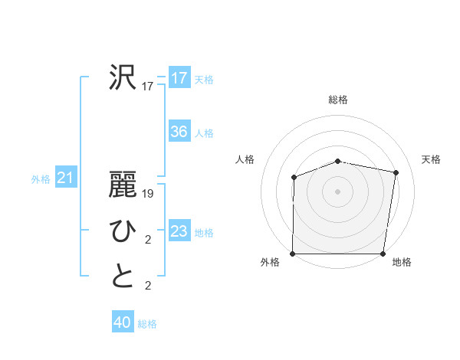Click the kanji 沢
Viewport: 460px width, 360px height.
point(123,77)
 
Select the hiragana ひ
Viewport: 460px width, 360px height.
point(123,231)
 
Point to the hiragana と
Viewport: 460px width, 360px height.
point(123,277)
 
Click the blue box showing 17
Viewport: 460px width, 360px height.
point(179,78)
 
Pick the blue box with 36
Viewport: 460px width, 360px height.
point(179,132)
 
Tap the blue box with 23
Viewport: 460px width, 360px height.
point(179,231)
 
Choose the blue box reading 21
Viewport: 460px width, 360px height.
point(65,178)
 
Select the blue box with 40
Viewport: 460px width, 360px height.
point(123,322)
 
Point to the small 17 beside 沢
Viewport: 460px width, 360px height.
point(148,87)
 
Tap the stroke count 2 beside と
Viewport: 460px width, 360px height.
point(148,286)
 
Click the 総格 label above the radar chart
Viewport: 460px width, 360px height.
point(337,100)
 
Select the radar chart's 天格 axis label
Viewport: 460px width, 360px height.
point(431,159)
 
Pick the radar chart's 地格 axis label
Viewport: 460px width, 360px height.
point(402,262)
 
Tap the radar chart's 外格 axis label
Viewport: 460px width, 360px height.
point(270,262)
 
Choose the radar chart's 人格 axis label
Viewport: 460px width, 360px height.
point(245,159)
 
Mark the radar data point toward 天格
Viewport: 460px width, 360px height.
point(396,172)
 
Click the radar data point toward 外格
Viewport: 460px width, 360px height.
point(293,254)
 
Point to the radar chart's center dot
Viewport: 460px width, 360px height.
point(337,191)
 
